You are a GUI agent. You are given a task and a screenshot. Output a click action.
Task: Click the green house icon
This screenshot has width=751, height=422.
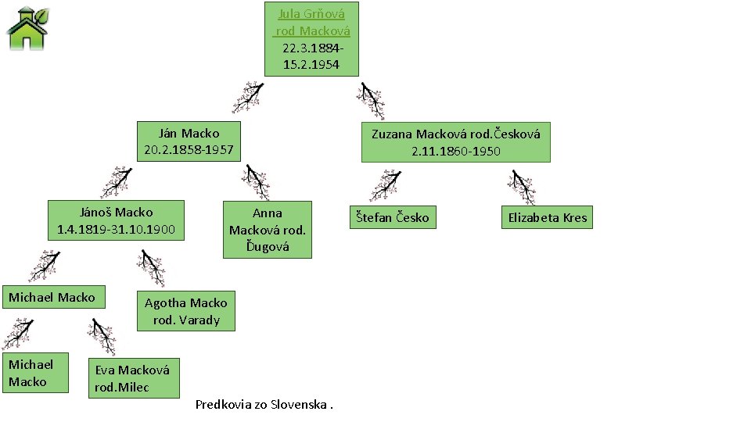[27, 28]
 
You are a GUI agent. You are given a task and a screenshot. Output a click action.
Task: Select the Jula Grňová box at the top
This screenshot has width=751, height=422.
[311, 38]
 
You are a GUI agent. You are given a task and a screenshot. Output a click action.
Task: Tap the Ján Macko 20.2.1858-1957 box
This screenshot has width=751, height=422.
[189, 141]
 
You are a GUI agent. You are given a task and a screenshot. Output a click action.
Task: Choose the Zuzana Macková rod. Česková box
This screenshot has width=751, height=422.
[455, 141]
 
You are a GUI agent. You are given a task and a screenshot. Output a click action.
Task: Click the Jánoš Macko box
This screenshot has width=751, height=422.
[117, 220]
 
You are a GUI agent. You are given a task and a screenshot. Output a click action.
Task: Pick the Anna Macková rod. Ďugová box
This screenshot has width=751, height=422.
[268, 229]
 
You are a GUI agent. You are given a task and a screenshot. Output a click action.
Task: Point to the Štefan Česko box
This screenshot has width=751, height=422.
[392, 217]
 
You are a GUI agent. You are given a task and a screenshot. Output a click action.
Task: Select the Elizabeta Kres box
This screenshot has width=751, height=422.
[547, 217]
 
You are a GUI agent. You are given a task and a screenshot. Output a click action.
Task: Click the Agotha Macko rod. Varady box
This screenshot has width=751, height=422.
[186, 311]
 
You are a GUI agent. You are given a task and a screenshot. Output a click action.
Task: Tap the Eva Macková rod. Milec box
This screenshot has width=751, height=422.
[132, 378]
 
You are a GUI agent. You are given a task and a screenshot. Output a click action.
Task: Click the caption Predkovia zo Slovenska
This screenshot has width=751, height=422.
[264, 405]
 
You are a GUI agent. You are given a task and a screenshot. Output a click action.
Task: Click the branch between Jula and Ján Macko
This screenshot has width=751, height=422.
[249, 98]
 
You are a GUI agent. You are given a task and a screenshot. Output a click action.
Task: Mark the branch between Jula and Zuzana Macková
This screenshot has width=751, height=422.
[371, 100]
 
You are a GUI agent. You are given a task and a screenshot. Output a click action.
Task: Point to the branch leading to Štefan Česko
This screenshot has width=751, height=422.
[385, 186]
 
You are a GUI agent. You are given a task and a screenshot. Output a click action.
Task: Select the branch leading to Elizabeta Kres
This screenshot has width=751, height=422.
[521, 186]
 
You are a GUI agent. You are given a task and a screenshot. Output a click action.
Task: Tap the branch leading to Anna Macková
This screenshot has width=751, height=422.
[255, 182]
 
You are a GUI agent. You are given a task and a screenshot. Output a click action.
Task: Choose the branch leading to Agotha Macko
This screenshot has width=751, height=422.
[151, 267]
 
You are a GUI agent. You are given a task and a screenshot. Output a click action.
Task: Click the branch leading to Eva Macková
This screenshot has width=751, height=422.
[102, 337]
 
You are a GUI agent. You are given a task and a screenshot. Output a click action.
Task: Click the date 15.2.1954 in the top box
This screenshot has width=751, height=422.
[311, 65]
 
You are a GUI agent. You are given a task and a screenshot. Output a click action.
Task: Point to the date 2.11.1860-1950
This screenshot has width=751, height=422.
[456, 151]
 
